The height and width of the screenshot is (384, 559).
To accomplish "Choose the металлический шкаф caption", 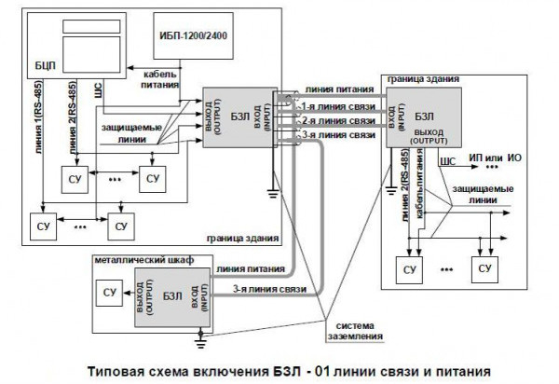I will coord(143,259).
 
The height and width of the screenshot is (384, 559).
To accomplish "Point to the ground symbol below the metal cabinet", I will coord(199,333).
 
